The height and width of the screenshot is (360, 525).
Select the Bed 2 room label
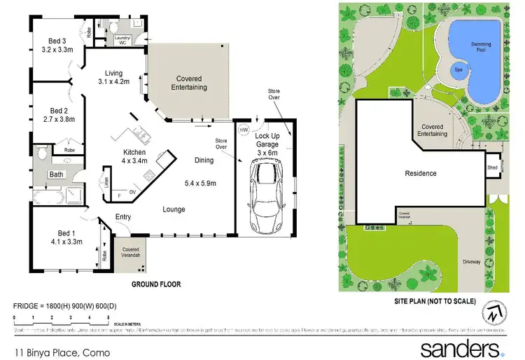tap(58, 110)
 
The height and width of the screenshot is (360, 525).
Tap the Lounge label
tap(174, 209)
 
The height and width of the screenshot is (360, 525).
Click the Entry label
tap(123, 217)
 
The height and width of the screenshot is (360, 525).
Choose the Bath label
tap(57, 174)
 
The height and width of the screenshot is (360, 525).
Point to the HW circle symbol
tap(244, 130)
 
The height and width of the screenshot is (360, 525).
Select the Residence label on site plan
tap(421, 173)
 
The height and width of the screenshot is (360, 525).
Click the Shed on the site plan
tap(493, 168)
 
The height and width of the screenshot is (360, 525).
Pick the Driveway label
tap(472, 262)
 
